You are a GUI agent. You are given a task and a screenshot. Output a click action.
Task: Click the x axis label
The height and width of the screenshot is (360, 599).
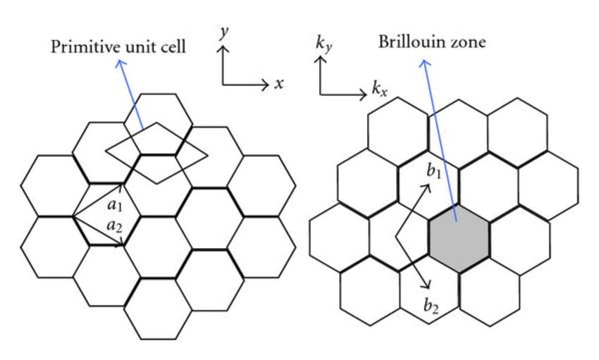pos(279,84)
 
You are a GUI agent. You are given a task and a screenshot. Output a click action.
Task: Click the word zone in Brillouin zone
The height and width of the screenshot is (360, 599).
pos(469,43)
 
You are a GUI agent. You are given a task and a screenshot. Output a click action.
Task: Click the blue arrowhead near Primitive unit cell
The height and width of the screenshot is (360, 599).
pos(118,63)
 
